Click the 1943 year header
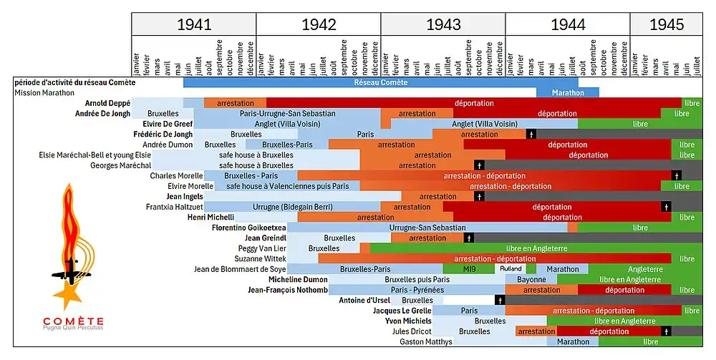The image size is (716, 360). [x=443, y=24]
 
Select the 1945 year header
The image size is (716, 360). [x=666, y=24]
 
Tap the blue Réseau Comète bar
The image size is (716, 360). [x=380, y=82]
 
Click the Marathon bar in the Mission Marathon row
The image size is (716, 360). [x=568, y=92]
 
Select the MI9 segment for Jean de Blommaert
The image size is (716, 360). [x=469, y=269]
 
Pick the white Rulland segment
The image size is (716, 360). [x=511, y=269]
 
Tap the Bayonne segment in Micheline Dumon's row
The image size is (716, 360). [x=531, y=280]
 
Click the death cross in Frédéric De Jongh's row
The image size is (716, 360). [x=531, y=134]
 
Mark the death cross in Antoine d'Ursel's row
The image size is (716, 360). [x=500, y=301]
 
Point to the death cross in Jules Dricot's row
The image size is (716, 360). [x=666, y=331]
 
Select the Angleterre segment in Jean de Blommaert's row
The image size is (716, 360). [x=645, y=269]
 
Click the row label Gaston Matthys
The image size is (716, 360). [x=426, y=342]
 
